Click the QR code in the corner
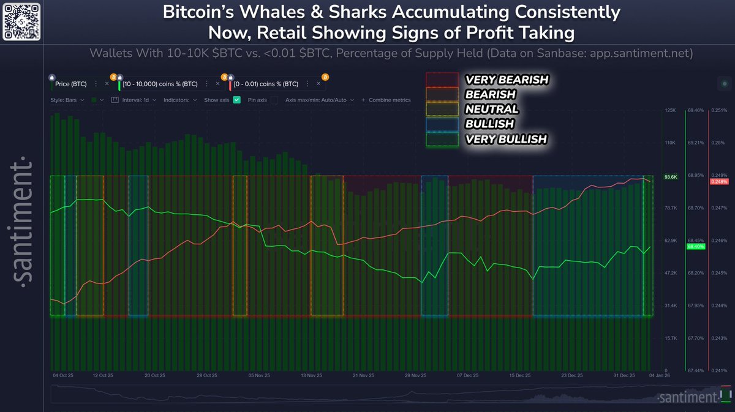23,23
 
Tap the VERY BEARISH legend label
507,80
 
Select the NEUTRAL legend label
492,110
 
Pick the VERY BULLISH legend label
505,140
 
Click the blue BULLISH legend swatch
442,124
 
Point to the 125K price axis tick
669,110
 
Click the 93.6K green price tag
671,177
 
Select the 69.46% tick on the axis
695,110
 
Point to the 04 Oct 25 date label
64,375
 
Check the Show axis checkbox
236,100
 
